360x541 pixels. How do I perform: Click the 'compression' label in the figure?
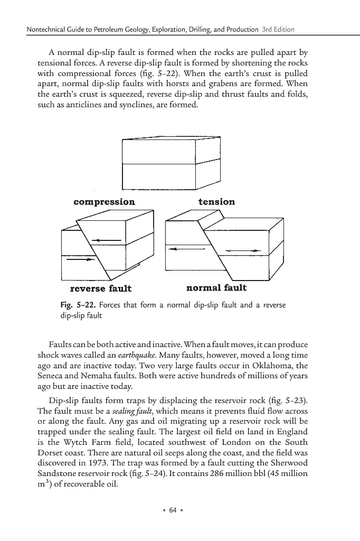pyautogui.click(x=104, y=202)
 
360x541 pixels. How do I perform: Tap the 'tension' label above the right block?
pyautogui.click(x=216, y=202)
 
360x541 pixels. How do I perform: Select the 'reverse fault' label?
pyautogui.click(x=101, y=288)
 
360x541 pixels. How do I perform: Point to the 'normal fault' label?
pyautogui.click(x=216, y=288)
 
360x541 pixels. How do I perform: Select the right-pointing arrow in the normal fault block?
pyautogui.click(x=243, y=250)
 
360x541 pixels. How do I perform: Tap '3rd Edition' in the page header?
pyautogui.click(x=278, y=29)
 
